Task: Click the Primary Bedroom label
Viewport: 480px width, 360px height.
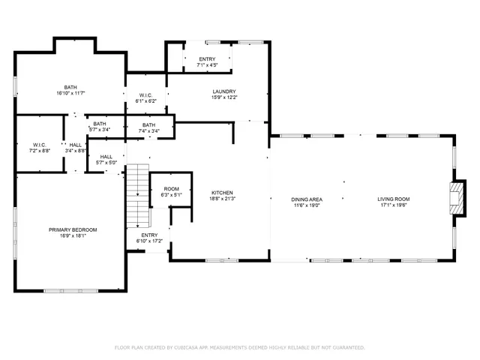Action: coord(73,229)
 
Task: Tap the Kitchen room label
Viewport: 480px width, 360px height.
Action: coord(223,193)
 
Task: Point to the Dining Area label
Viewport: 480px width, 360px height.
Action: coord(307,199)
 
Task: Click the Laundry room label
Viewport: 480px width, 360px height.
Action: coord(224,91)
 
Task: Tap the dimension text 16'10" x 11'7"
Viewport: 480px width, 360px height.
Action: coord(70,94)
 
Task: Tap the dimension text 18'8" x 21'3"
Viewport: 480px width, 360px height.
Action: coord(223,199)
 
